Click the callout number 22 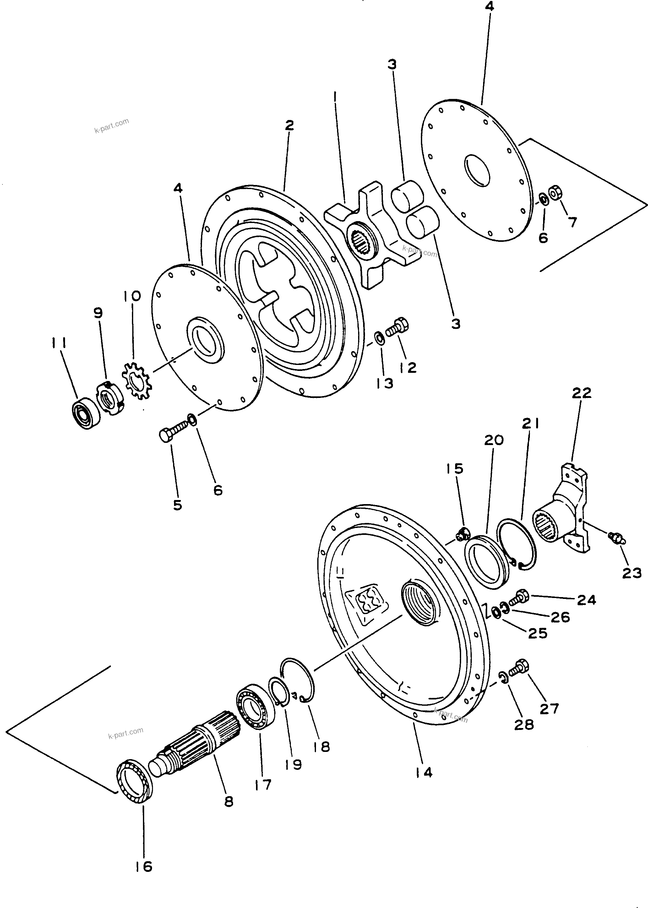(x=581, y=393)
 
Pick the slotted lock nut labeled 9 (x=111, y=399)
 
